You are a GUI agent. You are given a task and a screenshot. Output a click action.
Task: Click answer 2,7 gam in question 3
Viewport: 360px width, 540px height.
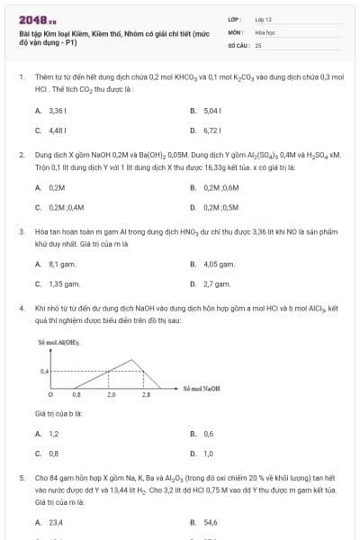tap(218, 283)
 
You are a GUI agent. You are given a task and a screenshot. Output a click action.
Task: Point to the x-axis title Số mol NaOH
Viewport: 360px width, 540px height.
tap(202, 387)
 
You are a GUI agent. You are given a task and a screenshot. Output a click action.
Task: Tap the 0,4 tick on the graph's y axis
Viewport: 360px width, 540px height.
tap(44, 371)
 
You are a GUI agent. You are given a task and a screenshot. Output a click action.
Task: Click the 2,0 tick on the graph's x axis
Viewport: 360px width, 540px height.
tap(111, 395)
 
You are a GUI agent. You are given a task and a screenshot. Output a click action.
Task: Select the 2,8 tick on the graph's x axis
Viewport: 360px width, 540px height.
tap(146, 395)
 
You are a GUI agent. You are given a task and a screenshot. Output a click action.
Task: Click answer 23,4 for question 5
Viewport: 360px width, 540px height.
tap(55, 521)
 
